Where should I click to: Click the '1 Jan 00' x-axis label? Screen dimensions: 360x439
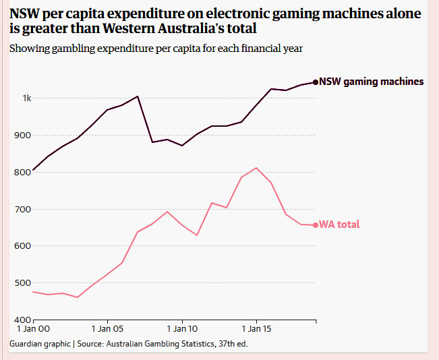(33, 330)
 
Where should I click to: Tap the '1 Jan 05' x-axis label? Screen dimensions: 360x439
(107, 330)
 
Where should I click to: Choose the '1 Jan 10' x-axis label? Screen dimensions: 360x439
(181, 330)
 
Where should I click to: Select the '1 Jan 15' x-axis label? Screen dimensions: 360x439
(256, 330)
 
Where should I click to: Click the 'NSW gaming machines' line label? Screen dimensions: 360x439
(371, 82)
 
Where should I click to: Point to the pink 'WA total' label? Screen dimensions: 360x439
(339, 224)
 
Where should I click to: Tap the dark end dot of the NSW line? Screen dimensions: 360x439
(315, 82)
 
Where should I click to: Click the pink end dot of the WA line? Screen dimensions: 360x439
(315, 225)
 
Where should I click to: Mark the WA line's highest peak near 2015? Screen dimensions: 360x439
(256, 168)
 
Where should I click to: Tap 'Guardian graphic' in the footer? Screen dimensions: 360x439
(40, 344)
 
